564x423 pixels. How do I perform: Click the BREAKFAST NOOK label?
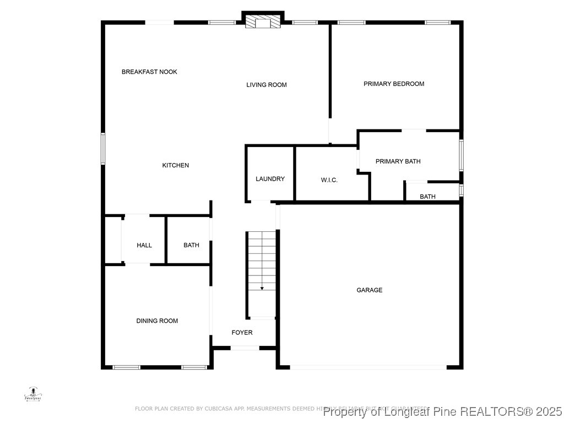[149, 72]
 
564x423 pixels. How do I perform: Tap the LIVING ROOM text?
[267, 85]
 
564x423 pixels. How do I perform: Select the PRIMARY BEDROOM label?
[394, 84]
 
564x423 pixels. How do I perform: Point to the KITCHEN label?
[176, 165]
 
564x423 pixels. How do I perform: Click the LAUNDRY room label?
[270, 179]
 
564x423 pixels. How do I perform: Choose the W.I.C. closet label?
[329, 180]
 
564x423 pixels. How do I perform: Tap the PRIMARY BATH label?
[398, 161]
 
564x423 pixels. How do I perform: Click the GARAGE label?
[369, 290]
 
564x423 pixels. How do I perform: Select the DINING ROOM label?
[157, 321]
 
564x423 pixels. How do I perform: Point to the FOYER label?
[242, 333]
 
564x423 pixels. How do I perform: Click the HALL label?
[144, 245]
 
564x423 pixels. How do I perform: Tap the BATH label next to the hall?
[191, 245]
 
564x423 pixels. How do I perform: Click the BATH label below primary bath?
[427, 197]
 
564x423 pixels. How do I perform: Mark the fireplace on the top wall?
[263, 21]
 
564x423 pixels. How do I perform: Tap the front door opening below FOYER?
[245, 348]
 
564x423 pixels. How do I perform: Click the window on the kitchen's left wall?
[103, 148]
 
